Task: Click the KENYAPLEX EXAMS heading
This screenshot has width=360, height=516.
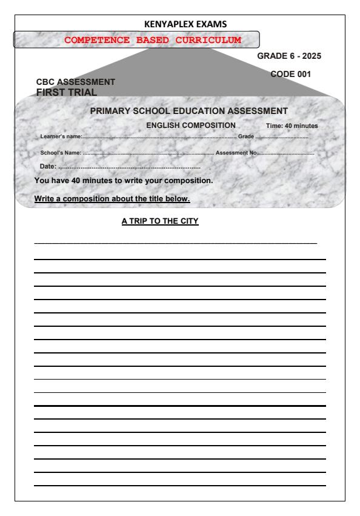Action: [x=181, y=24]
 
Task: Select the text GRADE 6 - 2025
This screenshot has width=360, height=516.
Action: [x=289, y=56]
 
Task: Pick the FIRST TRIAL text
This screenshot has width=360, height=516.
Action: [x=67, y=92]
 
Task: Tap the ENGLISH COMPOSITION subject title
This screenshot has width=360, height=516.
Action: [x=191, y=125]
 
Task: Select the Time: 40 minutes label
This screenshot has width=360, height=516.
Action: [x=292, y=126]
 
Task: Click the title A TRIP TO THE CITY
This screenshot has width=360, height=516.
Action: [x=160, y=221]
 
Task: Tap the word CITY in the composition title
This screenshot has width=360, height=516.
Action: [x=189, y=221]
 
